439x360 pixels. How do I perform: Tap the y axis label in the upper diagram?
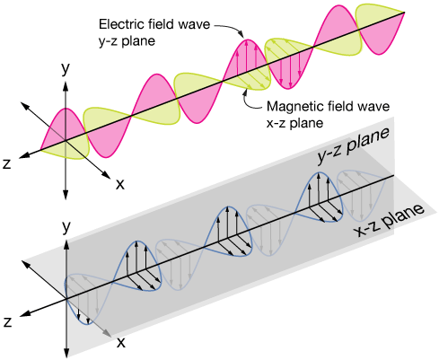click(65, 67)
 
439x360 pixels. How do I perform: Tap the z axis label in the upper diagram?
click(7, 163)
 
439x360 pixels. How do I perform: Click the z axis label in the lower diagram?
click(7, 320)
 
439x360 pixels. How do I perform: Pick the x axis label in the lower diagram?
click(119, 342)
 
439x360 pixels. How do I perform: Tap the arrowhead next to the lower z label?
click(22, 314)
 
